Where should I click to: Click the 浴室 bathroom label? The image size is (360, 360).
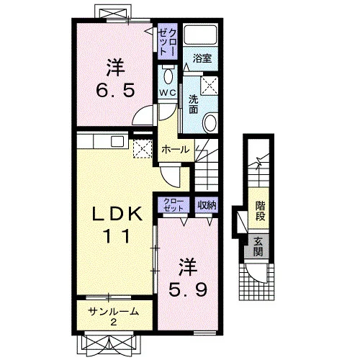(x=202, y=58)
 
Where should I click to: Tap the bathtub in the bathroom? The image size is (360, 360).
(x=200, y=34)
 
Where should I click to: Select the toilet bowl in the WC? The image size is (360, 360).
(x=168, y=76)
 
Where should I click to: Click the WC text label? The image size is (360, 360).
(x=168, y=93)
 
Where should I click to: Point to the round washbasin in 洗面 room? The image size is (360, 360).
(x=210, y=122)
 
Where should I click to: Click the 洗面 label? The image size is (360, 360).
(x=193, y=104)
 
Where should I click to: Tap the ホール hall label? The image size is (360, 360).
(x=176, y=150)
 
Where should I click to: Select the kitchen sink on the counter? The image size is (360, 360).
(x=117, y=142)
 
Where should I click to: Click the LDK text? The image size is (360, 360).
(x=117, y=214)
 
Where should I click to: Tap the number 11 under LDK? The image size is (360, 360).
(x=117, y=236)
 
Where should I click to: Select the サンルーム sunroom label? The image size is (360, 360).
(x=114, y=312)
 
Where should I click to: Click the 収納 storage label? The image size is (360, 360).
(x=207, y=205)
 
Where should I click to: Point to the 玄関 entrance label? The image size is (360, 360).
(x=258, y=247)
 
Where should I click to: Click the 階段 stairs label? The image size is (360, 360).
(x=260, y=211)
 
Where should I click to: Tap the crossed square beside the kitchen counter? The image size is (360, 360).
(x=143, y=148)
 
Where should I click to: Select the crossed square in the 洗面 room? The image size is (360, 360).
(x=209, y=86)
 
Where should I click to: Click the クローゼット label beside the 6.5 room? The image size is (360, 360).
(x=168, y=42)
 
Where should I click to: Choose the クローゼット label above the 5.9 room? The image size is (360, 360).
(x=174, y=205)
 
